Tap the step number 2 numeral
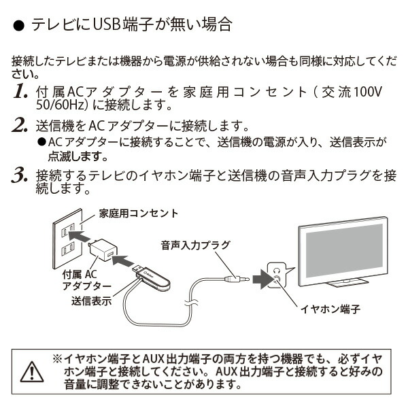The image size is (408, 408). [20, 126]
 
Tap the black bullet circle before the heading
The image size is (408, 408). [19, 28]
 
